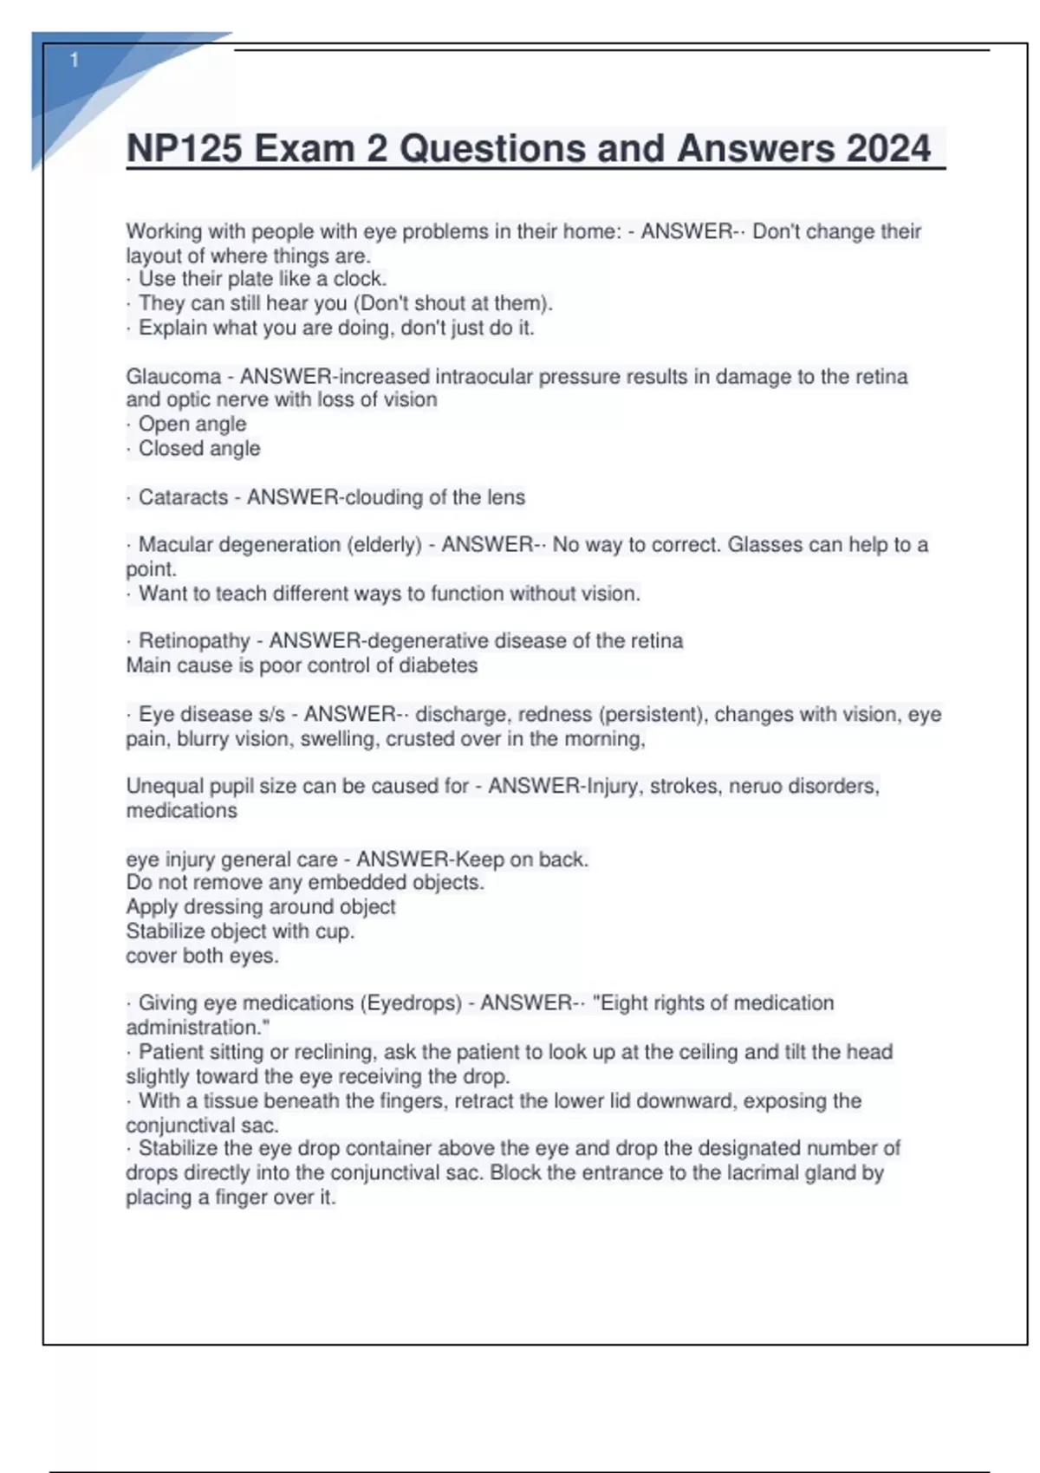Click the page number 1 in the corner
[75, 60]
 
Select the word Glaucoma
[173, 377]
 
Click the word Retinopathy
[194, 641]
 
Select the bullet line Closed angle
[198, 449]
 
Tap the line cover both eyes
[202, 957]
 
